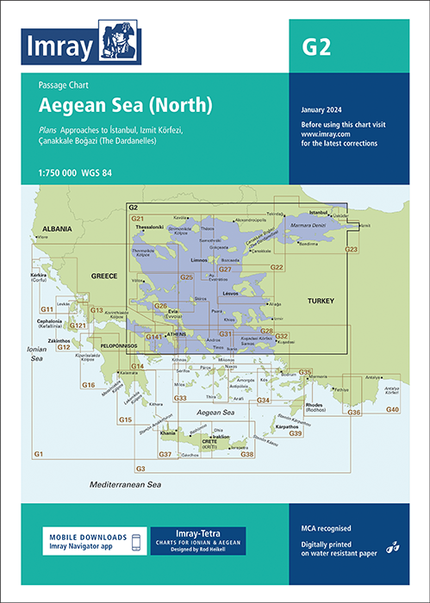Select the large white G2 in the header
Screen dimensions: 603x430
[316, 47]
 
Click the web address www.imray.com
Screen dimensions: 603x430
[325, 134]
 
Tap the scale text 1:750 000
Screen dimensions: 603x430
[63, 173]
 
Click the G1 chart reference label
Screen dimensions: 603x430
[38, 454]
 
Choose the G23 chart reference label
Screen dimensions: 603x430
[351, 249]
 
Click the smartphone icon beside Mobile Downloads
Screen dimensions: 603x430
[135, 541]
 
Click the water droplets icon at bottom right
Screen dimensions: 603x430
[392, 545]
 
